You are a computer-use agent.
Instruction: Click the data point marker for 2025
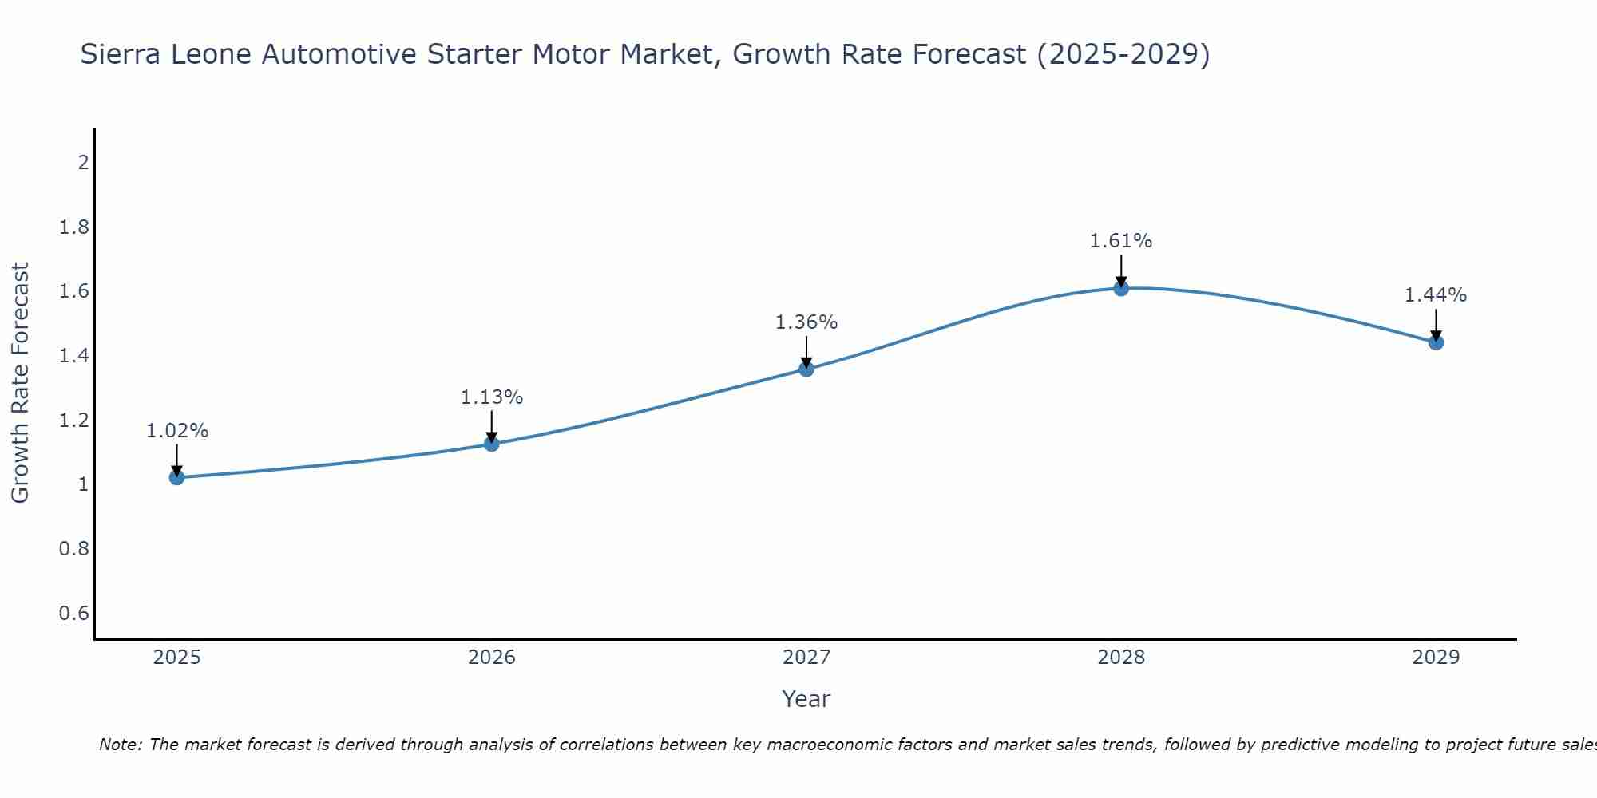pyautogui.click(x=176, y=477)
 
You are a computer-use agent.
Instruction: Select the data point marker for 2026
pyautogui.click(x=492, y=444)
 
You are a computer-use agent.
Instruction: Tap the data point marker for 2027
pyautogui.click(x=806, y=369)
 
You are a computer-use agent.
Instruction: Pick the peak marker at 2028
pyautogui.click(x=1121, y=288)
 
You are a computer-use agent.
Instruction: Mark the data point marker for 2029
pyautogui.click(x=1436, y=342)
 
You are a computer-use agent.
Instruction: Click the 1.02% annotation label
pyautogui.click(x=176, y=431)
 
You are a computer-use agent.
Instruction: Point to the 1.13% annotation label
pyautogui.click(x=492, y=397)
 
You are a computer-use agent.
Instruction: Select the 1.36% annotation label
pyautogui.click(x=806, y=322)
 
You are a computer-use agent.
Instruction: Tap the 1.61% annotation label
pyautogui.click(x=1121, y=240)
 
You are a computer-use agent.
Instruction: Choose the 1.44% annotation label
pyautogui.click(x=1436, y=294)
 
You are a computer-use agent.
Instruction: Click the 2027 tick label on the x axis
pyautogui.click(x=806, y=658)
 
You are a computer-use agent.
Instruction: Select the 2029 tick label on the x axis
pyautogui.click(x=1436, y=658)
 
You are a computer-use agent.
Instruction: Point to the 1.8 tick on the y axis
pyautogui.click(x=73, y=227)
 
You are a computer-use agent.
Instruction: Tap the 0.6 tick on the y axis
pyautogui.click(x=73, y=613)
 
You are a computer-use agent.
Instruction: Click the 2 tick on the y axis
pyautogui.click(x=82, y=163)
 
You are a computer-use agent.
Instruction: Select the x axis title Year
pyautogui.click(x=806, y=699)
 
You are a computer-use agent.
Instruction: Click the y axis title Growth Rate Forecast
pyautogui.click(x=20, y=383)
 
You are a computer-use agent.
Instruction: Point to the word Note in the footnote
pyautogui.click(x=120, y=745)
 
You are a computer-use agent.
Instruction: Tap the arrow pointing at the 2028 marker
pyautogui.click(x=1121, y=270)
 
